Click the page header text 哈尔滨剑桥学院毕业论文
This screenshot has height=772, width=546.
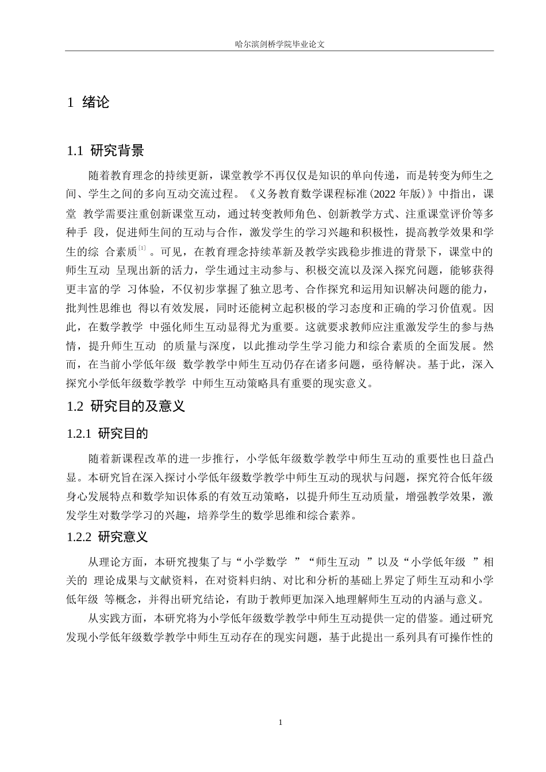pos(280,43)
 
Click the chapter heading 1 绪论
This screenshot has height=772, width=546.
pos(89,103)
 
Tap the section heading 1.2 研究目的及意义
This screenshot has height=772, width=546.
pos(126,406)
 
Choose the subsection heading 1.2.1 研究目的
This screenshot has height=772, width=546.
pos(107,433)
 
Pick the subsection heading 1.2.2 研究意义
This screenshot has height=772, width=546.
pos(107,537)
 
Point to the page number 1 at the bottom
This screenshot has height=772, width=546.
pos(280,722)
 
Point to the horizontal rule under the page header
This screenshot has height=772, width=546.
pos(280,51)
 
